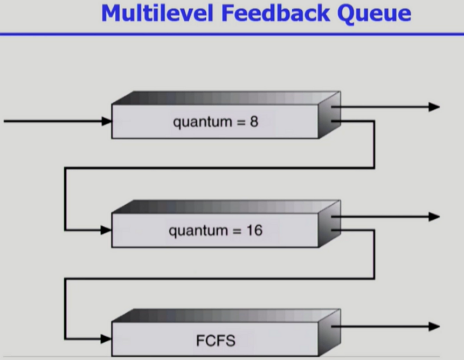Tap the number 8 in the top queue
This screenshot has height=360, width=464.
pyautogui.click(x=254, y=122)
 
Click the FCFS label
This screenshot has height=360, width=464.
pyautogui.click(x=216, y=341)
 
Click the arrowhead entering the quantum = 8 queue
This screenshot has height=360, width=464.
pyautogui.click(x=107, y=121)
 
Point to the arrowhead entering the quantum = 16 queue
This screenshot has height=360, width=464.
pyautogui.click(x=107, y=230)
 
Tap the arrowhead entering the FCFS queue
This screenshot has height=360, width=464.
pyautogui.click(x=107, y=339)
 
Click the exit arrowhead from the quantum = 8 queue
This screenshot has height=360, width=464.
pyautogui.click(x=434, y=107)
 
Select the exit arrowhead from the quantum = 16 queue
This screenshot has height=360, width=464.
pyautogui.click(x=434, y=217)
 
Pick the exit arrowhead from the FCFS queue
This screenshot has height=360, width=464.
pyautogui.click(x=434, y=326)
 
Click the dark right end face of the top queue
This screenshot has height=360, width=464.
pyautogui.click(x=329, y=116)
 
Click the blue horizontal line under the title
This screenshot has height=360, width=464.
pyautogui.click(x=232, y=34)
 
